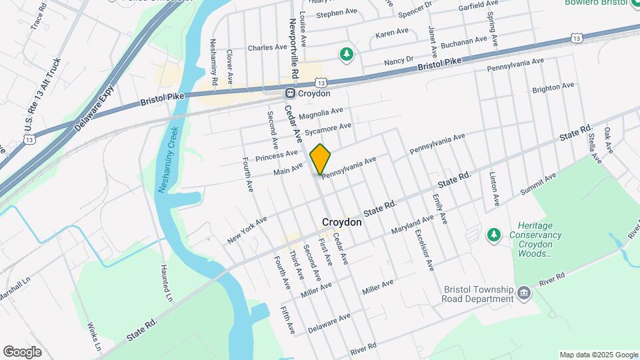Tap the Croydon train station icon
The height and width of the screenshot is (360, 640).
(291, 93)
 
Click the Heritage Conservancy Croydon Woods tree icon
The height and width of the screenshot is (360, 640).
(493, 235)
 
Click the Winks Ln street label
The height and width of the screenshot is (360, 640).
(94, 337)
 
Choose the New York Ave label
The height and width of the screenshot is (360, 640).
(247, 229)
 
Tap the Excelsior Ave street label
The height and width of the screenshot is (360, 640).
(425, 250)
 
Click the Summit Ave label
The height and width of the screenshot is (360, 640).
(538, 183)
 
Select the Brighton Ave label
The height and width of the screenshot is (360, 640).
(553, 87)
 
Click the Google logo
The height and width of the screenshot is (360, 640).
(22, 351)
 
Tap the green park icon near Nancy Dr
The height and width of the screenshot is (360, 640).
(346, 54)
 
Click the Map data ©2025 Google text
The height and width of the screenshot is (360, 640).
(598, 355)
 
